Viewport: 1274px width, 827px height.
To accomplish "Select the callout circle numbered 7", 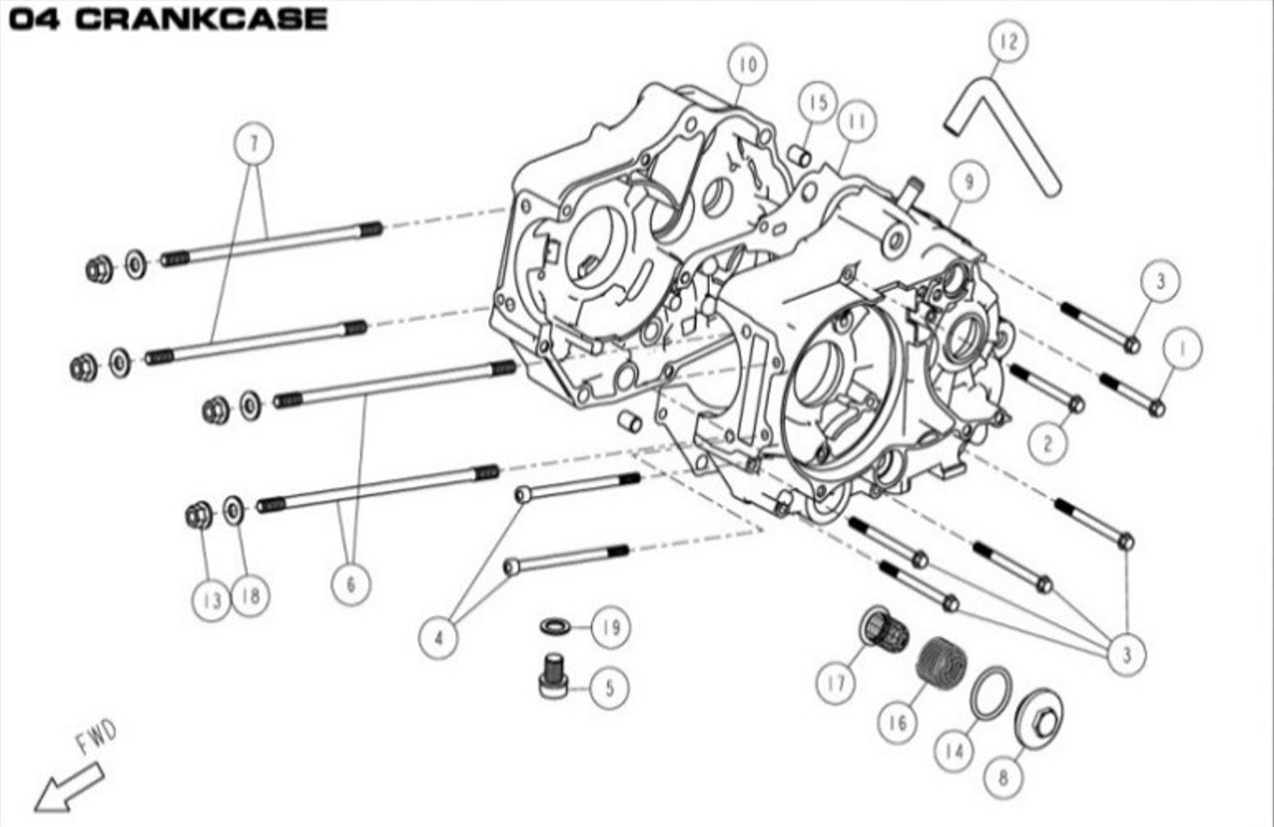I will [253, 144].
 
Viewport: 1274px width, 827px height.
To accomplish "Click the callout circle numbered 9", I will [968, 182].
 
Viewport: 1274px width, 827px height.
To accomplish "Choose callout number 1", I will [1183, 349].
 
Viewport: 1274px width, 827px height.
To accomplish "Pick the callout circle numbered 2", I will [1048, 443].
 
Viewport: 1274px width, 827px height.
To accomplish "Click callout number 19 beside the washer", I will [610, 626].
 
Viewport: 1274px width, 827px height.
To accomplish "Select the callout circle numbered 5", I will [609, 688].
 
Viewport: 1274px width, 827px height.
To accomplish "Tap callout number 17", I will [835, 684].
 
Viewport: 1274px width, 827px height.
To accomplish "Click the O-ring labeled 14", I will [989, 693].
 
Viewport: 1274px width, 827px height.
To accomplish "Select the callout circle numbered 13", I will [211, 600].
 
